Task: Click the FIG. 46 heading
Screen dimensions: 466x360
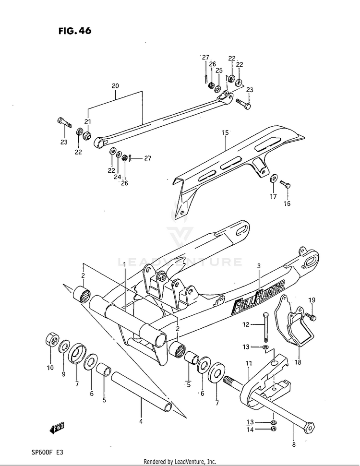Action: pos(74,31)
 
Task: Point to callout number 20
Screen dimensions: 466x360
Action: pos(115,86)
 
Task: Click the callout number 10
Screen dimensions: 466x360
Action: pos(50,368)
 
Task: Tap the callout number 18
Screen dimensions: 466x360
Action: pos(298,362)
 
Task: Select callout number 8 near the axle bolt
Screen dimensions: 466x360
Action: pos(294,444)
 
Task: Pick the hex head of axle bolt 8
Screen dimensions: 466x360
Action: pos(309,425)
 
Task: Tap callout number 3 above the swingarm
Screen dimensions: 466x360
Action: pos(258,266)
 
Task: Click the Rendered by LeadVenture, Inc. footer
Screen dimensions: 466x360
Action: pos(180,461)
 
